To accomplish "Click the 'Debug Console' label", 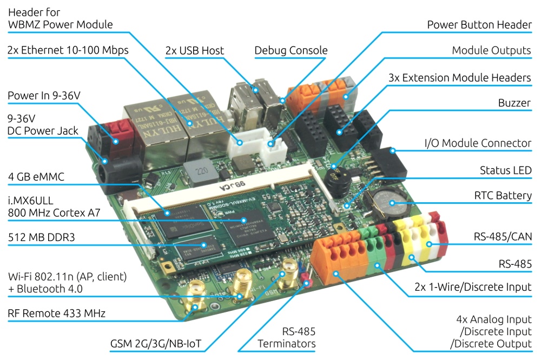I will point(291,51).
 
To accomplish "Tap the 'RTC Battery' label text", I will point(503,196).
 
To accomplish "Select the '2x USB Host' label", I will point(194,51).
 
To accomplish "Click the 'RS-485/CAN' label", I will point(503,236).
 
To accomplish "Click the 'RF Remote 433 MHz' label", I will point(56,313).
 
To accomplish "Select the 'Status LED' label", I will point(505,170).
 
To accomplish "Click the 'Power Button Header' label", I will point(479,25).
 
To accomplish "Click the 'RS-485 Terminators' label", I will point(286,337).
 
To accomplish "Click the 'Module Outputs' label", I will point(491,50).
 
